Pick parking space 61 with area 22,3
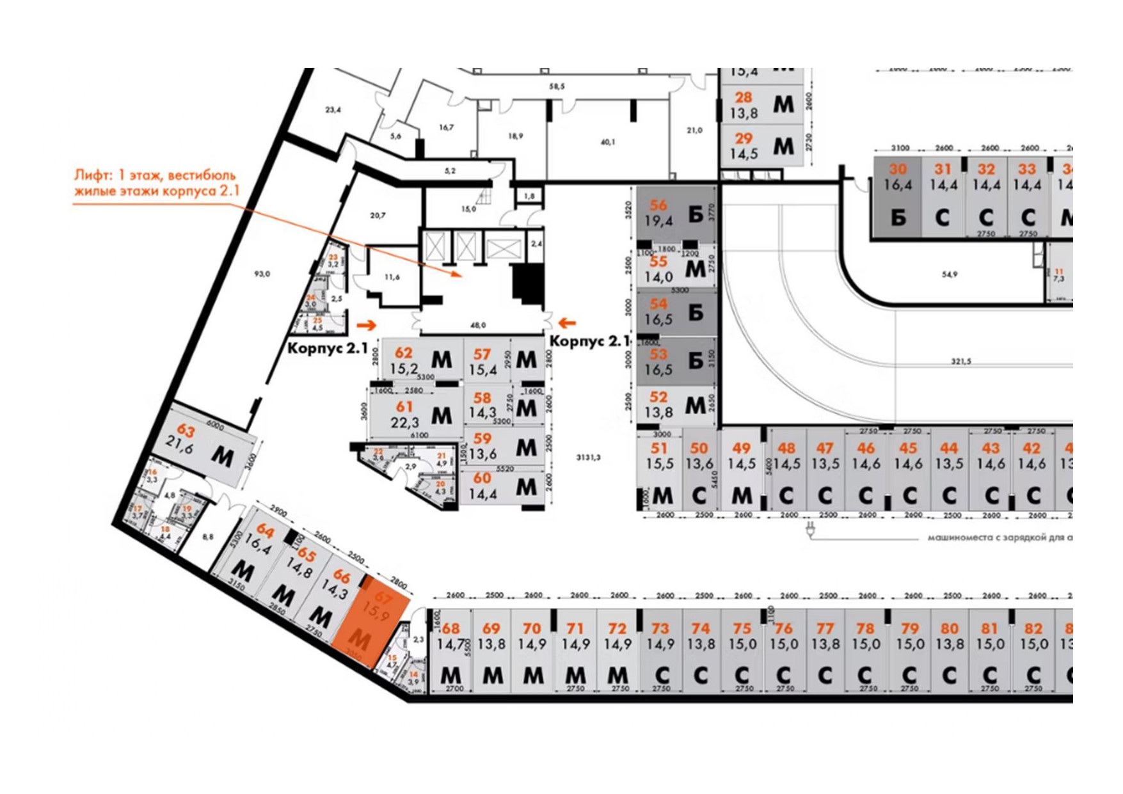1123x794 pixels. [416, 414]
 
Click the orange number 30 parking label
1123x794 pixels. [898, 170]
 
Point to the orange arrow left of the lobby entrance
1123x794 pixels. [367, 324]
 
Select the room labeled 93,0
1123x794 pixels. [262, 274]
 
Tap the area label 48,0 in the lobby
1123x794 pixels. [478, 325]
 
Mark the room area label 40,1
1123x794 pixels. [608, 142]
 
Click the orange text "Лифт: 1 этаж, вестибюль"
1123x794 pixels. [155, 175]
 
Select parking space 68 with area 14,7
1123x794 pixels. [451, 652]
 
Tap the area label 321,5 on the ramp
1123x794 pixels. [960, 361]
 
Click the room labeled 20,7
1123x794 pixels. [378, 216]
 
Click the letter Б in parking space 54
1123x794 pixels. [696, 312]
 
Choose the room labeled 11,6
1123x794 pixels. [392, 277]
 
